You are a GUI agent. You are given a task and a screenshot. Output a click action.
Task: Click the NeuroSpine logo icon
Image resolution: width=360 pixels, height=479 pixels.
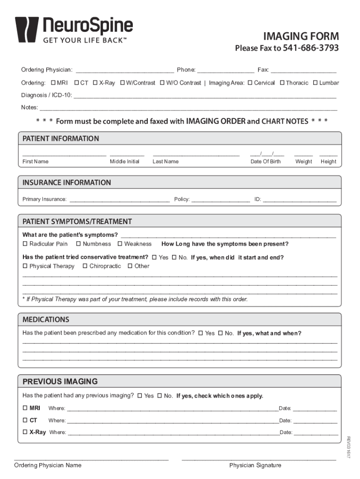click(27, 29)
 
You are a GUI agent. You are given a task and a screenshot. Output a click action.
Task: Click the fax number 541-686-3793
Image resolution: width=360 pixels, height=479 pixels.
click(311, 49)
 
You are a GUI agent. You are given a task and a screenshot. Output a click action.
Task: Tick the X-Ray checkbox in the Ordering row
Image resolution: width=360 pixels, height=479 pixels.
click(95, 83)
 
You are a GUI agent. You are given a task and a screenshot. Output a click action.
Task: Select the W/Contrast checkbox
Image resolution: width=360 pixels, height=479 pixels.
click(122, 83)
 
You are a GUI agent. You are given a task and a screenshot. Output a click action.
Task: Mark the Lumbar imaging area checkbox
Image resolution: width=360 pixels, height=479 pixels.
click(316, 83)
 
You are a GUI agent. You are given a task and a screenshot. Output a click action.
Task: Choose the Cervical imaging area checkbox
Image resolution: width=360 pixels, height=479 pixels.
click(250, 83)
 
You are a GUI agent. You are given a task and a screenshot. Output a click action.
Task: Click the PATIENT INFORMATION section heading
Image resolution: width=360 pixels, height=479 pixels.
click(61, 138)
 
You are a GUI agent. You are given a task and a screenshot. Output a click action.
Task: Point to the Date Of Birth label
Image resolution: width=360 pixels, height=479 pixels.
click(266, 161)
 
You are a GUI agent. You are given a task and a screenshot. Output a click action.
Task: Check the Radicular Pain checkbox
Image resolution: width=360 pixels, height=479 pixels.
click(25, 244)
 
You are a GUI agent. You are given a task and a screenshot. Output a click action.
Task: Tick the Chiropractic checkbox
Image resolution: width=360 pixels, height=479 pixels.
click(85, 266)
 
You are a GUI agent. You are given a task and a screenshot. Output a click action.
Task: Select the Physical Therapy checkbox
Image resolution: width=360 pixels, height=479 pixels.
click(25, 266)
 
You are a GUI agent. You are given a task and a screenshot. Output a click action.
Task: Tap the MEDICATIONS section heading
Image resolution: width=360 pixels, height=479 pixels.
click(46, 319)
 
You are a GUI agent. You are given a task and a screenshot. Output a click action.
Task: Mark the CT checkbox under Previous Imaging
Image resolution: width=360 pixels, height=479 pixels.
click(25, 420)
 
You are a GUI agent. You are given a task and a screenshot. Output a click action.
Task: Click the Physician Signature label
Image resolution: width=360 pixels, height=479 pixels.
click(255, 465)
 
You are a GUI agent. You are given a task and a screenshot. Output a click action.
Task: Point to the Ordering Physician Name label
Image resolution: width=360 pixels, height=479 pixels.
click(48, 465)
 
